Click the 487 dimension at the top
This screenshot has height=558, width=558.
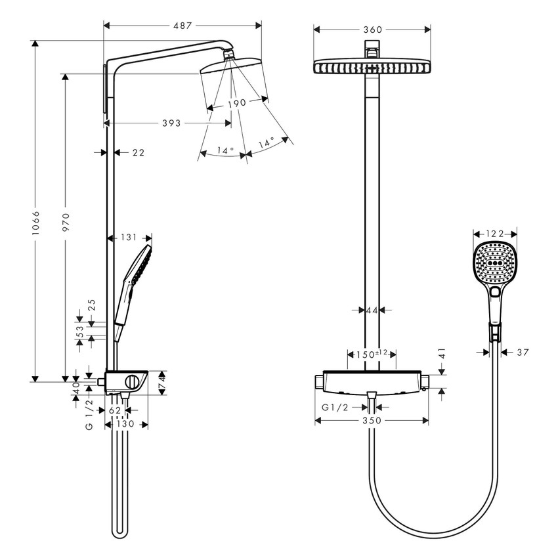182,26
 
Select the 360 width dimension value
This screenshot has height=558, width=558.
372,29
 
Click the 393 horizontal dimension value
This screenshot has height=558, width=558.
172,123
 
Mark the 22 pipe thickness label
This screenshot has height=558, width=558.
138,152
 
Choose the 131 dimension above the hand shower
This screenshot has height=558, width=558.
129,238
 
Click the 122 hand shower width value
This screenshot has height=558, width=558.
496,233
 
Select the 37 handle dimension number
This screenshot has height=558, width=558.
523,353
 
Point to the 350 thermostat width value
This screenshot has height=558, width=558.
372,421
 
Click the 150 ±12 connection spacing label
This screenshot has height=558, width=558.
372,354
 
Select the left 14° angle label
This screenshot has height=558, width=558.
225,150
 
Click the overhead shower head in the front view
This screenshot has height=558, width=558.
372,68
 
